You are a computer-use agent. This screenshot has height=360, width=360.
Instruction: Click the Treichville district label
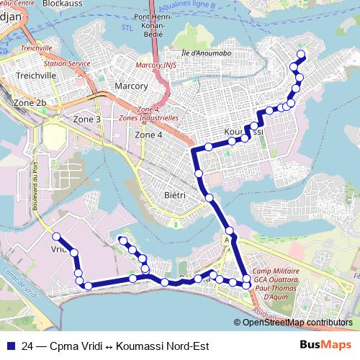pos(30,74)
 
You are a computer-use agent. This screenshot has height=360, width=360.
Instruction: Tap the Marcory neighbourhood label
pos(131,86)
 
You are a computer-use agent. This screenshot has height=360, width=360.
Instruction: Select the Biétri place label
pos(174,195)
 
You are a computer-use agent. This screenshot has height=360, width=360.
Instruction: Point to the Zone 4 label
pos(149,135)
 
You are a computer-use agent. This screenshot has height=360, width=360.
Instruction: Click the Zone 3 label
pos(87,119)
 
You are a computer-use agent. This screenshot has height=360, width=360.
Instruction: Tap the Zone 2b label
pos(30,104)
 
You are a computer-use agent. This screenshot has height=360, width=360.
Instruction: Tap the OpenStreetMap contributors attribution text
pos(297,323)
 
